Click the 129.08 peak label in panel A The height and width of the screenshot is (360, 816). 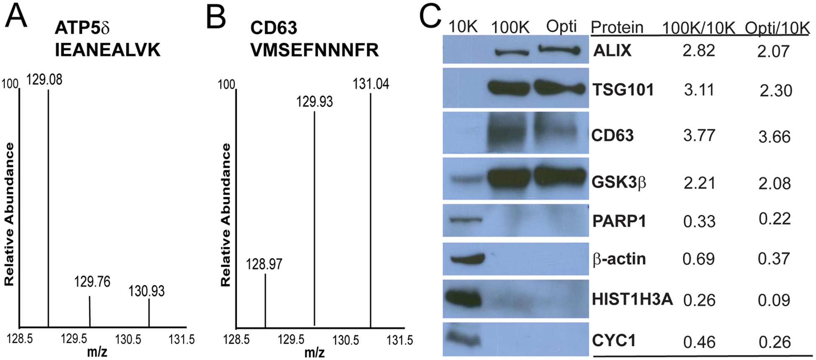[x=44, y=79]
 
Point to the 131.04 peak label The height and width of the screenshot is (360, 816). [x=371, y=84]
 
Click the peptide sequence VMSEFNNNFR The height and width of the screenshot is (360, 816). [x=314, y=50]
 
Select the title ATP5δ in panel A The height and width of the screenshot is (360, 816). [x=82, y=28]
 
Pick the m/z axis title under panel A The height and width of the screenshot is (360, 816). [x=97, y=352]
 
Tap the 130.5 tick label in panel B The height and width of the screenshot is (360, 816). [x=346, y=339]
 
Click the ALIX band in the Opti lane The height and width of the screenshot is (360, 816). [x=559, y=51]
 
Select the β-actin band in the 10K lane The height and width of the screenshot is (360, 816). [x=467, y=258]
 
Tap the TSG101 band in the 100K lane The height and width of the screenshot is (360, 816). [x=510, y=89]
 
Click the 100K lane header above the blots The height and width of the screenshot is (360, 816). [x=510, y=27]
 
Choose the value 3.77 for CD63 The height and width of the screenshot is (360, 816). [x=699, y=135]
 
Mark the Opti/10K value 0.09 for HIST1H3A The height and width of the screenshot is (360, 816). [x=774, y=300]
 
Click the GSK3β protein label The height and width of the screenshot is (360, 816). [x=619, y=183]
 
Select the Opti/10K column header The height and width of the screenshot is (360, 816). [x=777, y=28]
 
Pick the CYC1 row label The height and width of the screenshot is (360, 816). [x=613, y=340]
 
